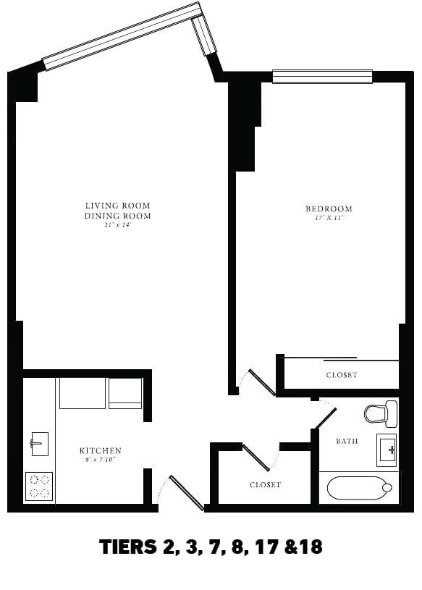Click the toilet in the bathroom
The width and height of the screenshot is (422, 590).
coord(379,413)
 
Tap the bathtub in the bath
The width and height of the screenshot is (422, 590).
coord(358,487)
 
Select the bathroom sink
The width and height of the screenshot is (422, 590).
coord(387,450)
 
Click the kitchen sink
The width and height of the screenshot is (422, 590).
coord(38,442)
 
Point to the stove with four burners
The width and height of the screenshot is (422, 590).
coord(39,485)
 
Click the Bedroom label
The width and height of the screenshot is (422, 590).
coord(329,209)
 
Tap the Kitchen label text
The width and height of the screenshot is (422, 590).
coord(100,451)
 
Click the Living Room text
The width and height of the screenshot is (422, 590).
coord(117,206)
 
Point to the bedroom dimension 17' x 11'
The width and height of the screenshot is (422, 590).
coord(329,218)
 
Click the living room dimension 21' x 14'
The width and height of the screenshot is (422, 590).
coord(117,225)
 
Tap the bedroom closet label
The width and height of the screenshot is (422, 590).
coord(342,375)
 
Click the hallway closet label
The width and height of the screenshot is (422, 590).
coord(265,484)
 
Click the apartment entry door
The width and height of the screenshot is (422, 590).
coord(186,492)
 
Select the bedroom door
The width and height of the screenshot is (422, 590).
coord(261,382)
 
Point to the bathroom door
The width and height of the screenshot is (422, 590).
coord(325,418)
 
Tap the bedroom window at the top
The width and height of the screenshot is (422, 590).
coord(322,76)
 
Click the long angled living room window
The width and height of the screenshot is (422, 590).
coord(122,36)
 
